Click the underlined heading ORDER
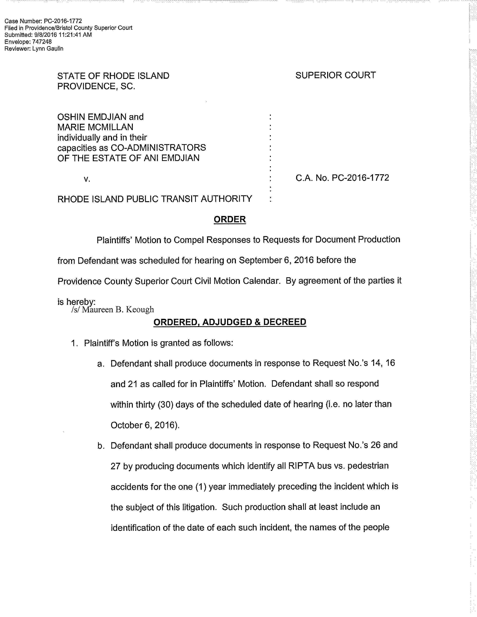(230, 219)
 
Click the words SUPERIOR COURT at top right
(335, 75)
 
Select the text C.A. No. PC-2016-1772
(342, 178)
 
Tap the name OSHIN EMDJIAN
(90, 117)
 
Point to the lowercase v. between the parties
(87, 179)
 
